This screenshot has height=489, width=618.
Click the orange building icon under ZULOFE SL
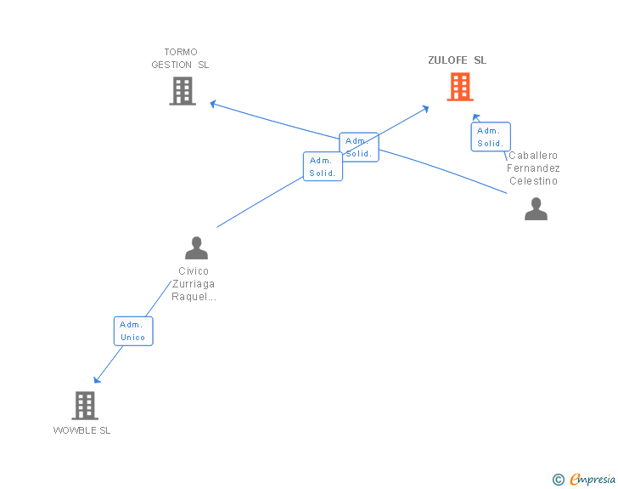click(459, 87)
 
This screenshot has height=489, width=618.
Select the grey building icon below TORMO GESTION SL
click(183, 91)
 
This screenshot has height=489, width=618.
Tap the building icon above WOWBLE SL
click(85, 406)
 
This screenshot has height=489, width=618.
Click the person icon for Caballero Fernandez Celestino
click(536, 209)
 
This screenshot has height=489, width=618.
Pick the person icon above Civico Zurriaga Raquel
click(196, 248)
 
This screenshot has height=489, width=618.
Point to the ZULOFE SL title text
click(457, 60)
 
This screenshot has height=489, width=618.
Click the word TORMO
click(181, 52)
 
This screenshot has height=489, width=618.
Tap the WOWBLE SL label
click(82, 430)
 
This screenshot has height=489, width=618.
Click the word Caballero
click(533, 156)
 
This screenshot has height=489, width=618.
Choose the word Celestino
click(533, 181)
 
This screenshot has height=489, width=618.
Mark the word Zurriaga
click(194, 284)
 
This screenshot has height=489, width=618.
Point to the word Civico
click(194, 271)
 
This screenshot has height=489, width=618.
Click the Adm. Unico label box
click(133, 331)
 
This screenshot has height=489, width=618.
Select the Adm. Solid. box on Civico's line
click(323, 167)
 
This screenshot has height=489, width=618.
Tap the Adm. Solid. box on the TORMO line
click(359, 147)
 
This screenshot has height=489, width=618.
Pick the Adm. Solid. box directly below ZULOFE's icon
click(491, 137)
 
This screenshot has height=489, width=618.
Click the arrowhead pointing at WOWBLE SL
click(97, 379)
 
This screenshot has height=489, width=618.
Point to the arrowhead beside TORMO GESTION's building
click(214, 105)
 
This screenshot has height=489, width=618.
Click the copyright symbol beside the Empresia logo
click(558, 480)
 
